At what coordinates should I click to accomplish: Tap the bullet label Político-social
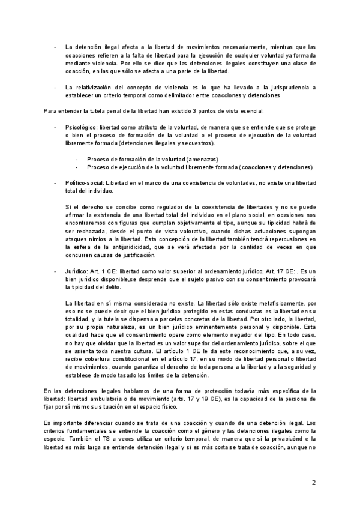coord(82,181)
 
